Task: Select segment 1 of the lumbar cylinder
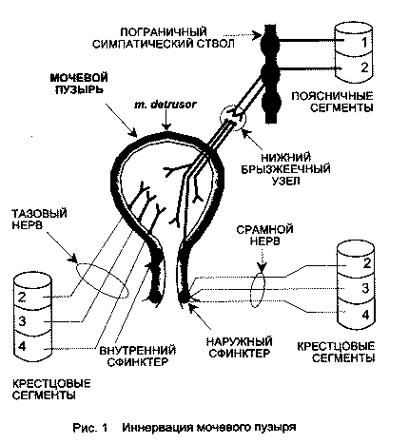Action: point(356,42)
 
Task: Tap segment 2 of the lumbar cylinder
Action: point(356,68)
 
